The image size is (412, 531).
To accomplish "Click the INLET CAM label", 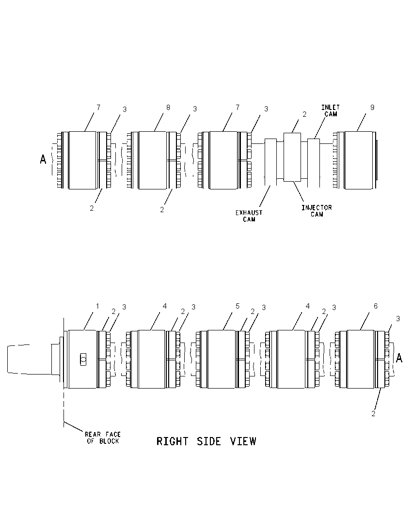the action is [x=331, y=111].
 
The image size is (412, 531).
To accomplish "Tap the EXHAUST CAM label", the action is [x=249, y=216].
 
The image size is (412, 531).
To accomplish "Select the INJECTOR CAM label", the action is [x=317, y=211].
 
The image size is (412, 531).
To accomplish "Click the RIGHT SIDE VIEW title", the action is [x=206, y=441].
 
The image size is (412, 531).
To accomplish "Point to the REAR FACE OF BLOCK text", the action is [x=103, y=437].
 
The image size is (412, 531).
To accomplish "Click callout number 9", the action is [x=372, y=108].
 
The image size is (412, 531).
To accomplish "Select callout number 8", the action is [x=168, y=108].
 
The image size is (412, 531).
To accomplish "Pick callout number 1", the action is [x=97, y=306].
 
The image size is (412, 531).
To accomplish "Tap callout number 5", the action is [x=238, y=306].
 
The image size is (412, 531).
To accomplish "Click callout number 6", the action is [x=376, y=306].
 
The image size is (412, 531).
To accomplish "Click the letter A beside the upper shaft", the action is [x=43, y=159].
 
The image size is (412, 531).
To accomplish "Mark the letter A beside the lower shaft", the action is [x=399, y=358].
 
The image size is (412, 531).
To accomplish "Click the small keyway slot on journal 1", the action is [x=83, y=359].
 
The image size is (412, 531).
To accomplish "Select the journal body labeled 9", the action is [x=359, y=160].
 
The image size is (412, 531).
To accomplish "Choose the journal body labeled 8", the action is [x=152, y=160].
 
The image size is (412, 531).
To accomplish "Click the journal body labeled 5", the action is [x=222, y=359].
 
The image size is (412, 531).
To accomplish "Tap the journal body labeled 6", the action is [x=361, y=359].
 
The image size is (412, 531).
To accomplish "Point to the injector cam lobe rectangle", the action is [x=292, y=157].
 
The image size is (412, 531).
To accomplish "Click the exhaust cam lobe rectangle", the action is [x=271, y=162].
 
